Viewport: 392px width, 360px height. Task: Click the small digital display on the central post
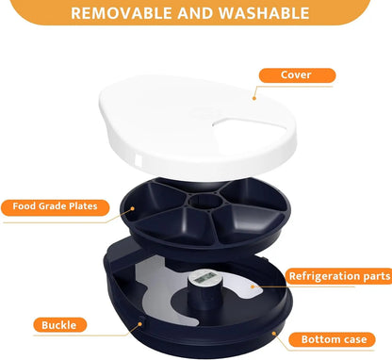pyautogui.click(x=205, y=279)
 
